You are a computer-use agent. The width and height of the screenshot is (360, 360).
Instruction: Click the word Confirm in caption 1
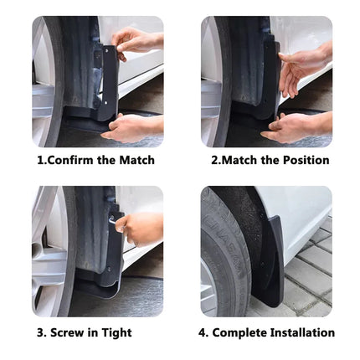(x=69, y=160)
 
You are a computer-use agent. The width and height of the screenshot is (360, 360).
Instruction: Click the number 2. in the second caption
(x=216, y=160)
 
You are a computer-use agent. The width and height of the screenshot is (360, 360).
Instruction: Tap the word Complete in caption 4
(x=239, y=332)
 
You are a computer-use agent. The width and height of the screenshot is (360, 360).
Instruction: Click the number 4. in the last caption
(x=203, y=332)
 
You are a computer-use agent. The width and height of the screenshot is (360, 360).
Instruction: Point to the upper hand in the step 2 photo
(x=304, y=67)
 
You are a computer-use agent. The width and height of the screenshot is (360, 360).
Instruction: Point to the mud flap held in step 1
(x=107, y=84)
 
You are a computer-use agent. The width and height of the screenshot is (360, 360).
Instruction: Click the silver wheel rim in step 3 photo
(x=44, y=251)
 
